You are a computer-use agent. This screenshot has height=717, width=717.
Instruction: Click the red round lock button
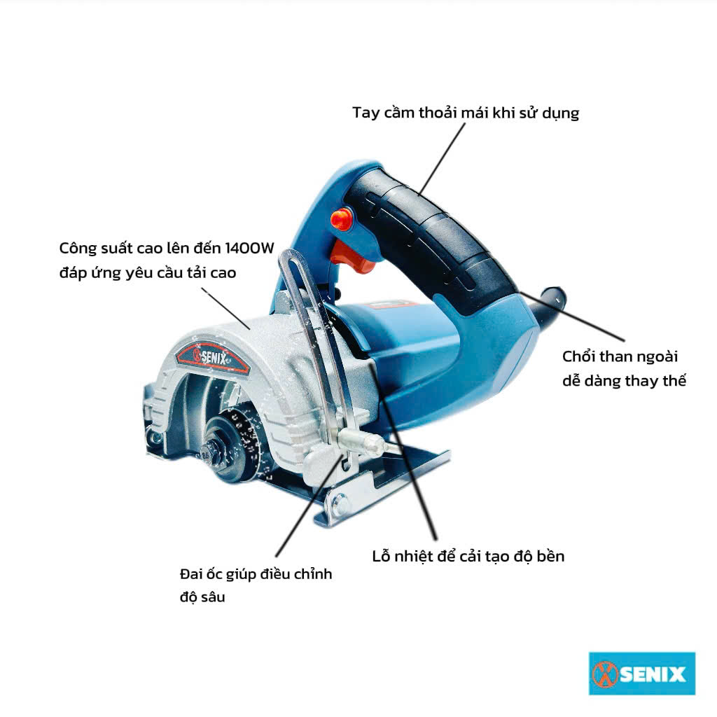coord(341,218)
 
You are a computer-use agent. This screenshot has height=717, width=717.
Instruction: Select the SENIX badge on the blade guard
coord(213,357)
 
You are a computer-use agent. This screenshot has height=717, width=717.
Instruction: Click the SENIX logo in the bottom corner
coord(642,674)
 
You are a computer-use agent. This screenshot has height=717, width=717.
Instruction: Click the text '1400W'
coord(250,249)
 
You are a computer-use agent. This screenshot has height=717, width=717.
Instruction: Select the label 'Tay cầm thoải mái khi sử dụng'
coord(466,113)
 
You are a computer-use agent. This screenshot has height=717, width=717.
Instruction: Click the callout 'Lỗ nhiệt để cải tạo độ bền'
coord(468,556)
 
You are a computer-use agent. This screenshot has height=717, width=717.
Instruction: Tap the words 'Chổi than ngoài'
coord(620,356)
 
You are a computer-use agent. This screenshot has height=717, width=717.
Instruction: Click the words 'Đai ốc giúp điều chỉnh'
coord(256,574)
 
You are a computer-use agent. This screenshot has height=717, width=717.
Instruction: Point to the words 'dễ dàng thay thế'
coord(624,380)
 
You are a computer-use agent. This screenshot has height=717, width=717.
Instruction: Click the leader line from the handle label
coord(443,159)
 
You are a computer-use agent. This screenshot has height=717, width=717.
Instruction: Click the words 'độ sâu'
coord(202,597)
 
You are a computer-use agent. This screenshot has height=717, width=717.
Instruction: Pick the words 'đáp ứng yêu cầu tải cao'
coord(148,273)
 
